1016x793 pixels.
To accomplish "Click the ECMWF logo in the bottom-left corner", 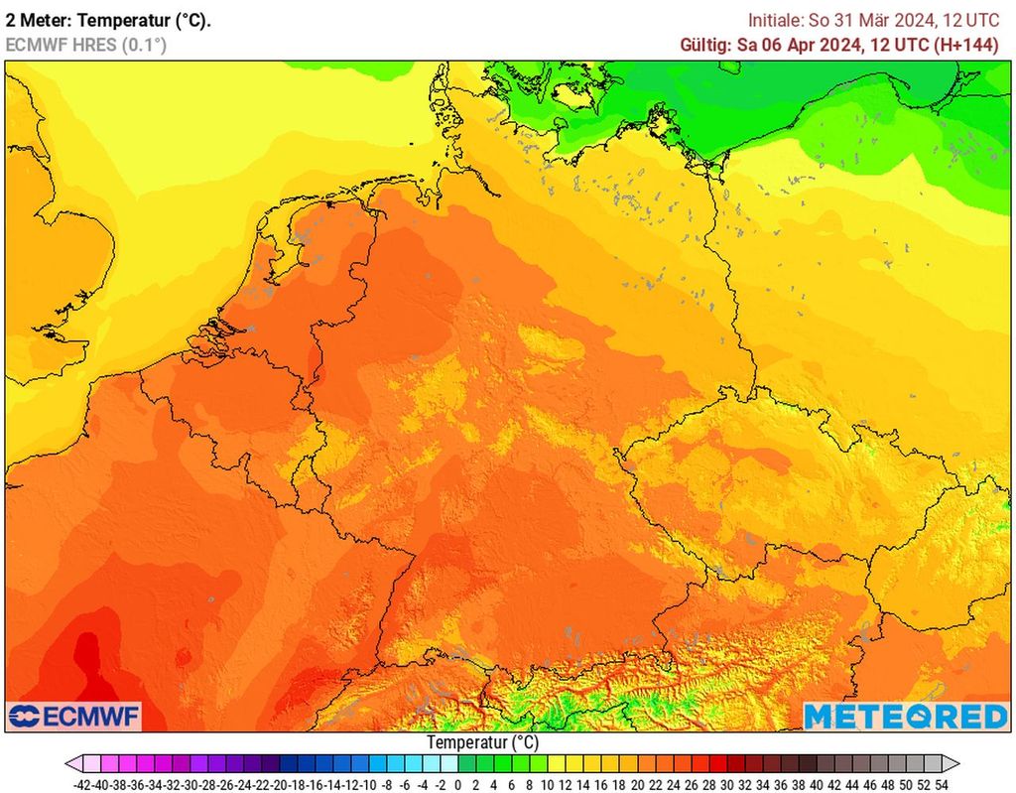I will (74, 716).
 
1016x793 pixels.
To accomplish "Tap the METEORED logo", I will (905, 716).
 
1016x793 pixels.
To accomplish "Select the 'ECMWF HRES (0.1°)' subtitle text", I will (86, 45).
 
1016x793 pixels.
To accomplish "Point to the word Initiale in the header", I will (775, 20).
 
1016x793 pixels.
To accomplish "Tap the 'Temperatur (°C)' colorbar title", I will (483, 742).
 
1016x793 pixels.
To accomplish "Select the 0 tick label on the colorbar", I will (457, 784).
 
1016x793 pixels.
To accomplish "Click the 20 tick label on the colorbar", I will (636, 784).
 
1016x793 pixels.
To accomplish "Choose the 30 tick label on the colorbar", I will (725, 784).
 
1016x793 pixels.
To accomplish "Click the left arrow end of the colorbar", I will (72, 763).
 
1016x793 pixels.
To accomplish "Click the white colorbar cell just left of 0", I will (448, 763).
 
